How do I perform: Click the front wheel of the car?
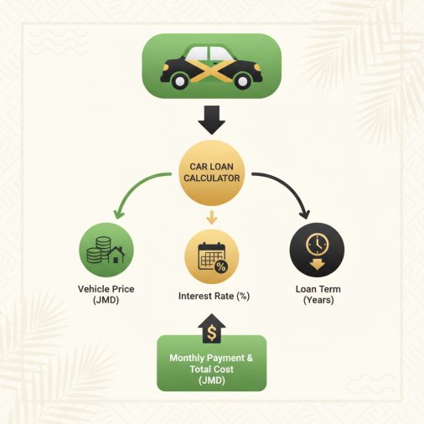242,80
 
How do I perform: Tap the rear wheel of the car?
179,80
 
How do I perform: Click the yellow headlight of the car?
257,67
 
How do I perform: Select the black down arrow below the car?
212,120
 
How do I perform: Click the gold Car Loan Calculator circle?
212,173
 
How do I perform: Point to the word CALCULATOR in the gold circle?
212,178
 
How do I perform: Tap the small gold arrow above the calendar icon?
212,217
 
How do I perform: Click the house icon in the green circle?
116,255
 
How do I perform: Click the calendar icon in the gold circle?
212,256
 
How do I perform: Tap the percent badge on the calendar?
221,266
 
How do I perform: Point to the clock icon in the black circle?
318,244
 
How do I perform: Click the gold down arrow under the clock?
318,264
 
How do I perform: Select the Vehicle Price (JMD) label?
106,294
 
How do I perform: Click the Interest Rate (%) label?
214,296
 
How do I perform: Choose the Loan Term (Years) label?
318,294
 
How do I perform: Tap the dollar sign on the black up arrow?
212,334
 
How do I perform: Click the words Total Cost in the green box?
212,370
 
